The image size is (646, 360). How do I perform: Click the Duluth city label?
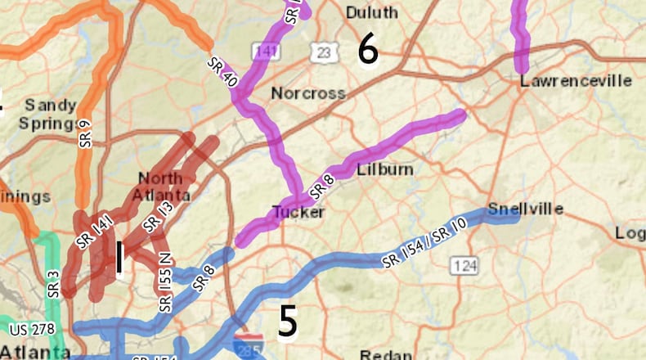coord(371,13)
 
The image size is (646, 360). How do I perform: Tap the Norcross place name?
coord(308,93)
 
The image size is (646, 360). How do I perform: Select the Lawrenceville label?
coord(576,81)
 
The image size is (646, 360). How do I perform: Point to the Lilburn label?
coord(384,169)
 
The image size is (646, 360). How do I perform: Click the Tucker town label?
coord(298,212)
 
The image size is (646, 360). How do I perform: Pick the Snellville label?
coord(525,209)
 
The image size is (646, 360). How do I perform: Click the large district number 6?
coord(368,51)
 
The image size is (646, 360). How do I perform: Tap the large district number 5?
coord(287,322)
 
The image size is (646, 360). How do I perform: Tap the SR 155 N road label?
coord(166,281)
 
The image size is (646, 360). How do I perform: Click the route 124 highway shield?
coord(464,266)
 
